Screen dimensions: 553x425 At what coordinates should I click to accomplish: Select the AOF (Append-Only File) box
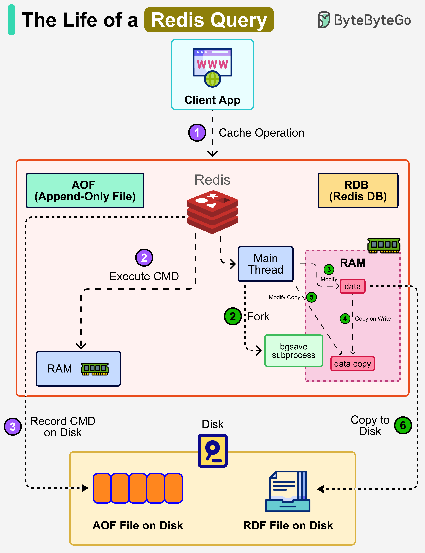[85, 190]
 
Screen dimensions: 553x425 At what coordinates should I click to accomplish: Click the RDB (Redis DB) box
[358, 190]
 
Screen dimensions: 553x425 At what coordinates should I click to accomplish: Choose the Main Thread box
[266, 264]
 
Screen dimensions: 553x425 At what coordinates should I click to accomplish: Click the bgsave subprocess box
[293, 351]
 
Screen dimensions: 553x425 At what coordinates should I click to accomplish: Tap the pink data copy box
[352, 364]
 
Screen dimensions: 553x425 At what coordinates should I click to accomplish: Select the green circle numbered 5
[311, 297]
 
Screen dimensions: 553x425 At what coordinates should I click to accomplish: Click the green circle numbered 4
[345, 318]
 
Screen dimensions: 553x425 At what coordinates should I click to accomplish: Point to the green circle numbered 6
[403, 425]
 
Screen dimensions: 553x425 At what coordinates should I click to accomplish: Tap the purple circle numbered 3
[13, 427]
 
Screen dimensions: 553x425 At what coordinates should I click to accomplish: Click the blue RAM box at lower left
[78, 368]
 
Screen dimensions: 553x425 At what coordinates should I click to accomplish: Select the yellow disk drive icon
[212, 451]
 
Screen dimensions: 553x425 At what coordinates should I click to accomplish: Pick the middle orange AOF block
[138, 488]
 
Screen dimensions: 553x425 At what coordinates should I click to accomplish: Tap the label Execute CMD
[144, 276]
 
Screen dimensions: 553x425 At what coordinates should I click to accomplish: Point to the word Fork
[258, 316]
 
